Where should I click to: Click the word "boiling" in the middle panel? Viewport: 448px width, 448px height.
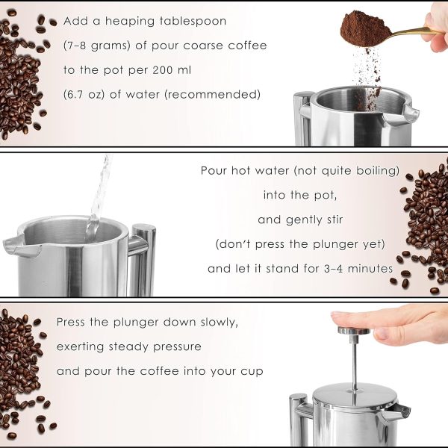pos(375,171)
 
